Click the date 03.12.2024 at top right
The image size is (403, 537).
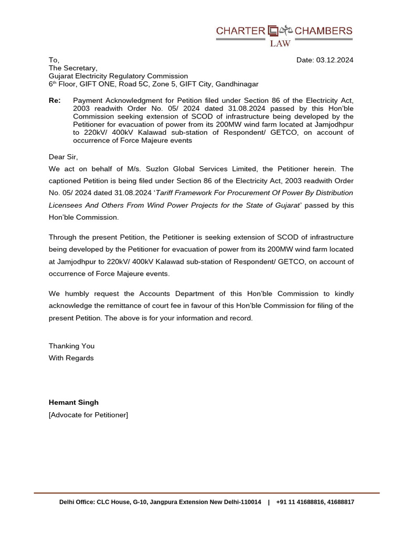334,60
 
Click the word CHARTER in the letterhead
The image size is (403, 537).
240,31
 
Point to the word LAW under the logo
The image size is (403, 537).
280,44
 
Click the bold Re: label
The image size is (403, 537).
55,100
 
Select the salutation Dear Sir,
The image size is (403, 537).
63,157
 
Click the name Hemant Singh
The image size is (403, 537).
73,402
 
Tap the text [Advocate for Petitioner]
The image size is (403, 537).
88,415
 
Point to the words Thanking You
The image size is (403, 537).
71,346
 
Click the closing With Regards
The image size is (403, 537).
71,358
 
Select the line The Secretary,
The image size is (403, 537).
73,68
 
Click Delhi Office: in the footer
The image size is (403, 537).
77,502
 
